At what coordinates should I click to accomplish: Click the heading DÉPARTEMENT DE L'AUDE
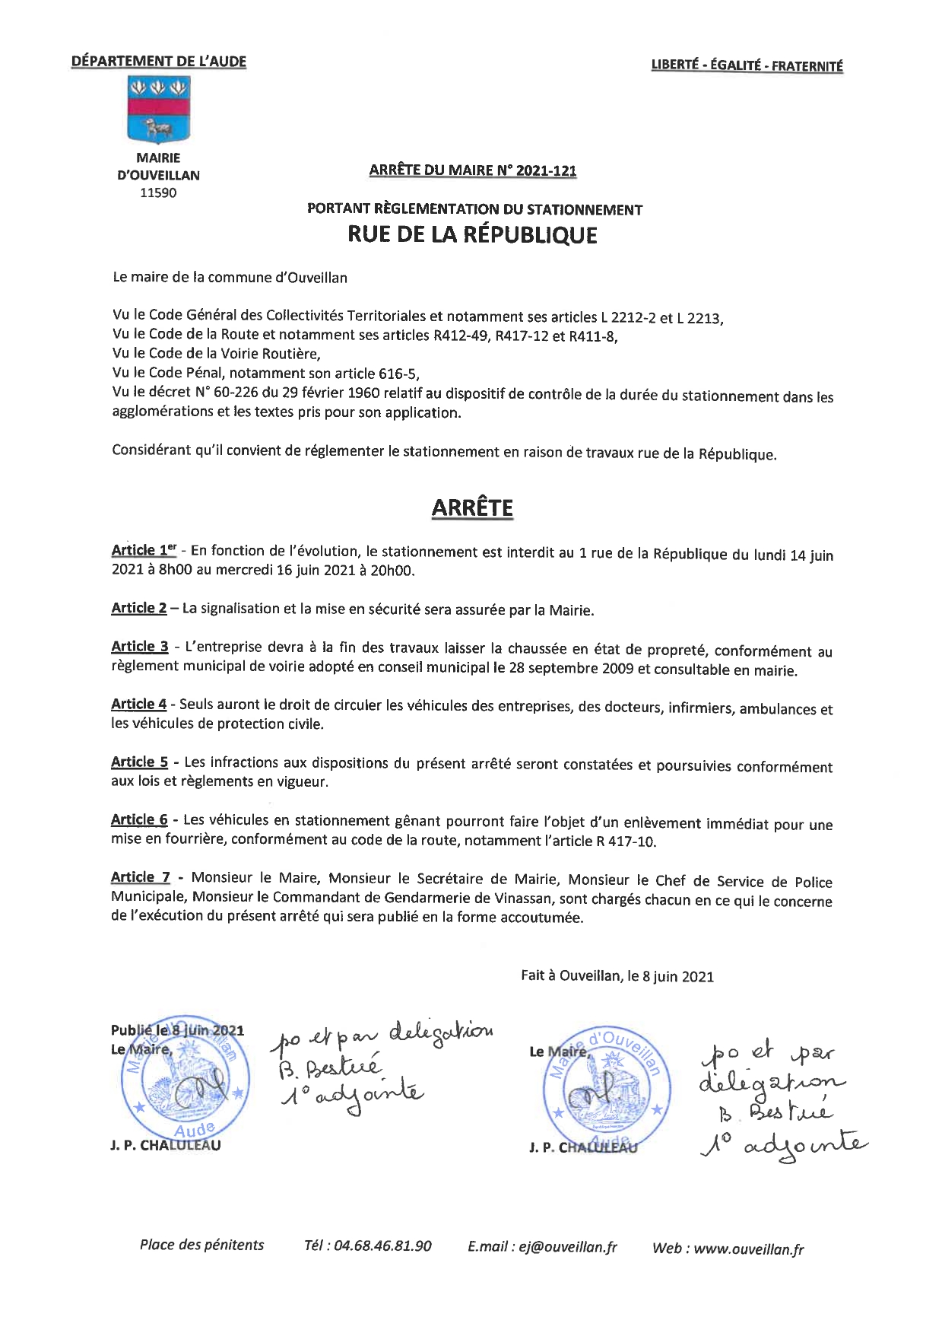click(x=159, y=62)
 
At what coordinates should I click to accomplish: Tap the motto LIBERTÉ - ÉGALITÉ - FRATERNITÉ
click(x=747, y=66)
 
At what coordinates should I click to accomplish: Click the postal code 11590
click(x=158, y=193)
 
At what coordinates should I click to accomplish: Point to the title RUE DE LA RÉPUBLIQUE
click(x=472, y=234)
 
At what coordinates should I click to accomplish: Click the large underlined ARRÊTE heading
click(x=472, y=508)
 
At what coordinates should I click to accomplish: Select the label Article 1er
click(x=144, y=550)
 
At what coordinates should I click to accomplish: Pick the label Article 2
click(x=139, y=608)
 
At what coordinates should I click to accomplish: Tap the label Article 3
click(x=140, y=647)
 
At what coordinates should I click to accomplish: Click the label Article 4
click(x=139, y=705)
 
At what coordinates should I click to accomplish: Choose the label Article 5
click(x=140, y=762)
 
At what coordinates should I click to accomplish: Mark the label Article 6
click(x=139, y=819)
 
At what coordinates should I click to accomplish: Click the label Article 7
click(x=141, y=877)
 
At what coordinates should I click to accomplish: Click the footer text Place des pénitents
click(x=201, y=1245)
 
